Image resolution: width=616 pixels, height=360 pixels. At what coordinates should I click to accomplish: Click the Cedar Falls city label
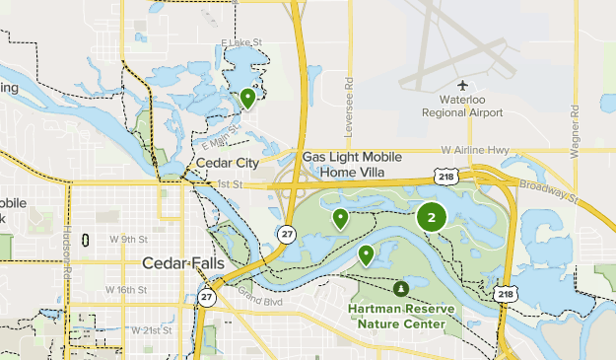pyautogui.click(x=183, y=263)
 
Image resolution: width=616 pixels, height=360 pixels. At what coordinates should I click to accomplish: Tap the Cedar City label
pyautogui.click(x=228, y=163)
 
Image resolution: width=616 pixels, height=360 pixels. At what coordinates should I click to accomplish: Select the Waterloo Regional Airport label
pyautogui.click(x=463, y=107)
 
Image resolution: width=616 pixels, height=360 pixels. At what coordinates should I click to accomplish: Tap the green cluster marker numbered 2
pyautogui.click(x=432, y=217)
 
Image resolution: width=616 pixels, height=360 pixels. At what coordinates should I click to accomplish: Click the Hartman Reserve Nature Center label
pyautogui.click(x=400, y=316)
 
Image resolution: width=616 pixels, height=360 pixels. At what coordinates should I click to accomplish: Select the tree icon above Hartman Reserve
pyautogui.click(x=400, y=289)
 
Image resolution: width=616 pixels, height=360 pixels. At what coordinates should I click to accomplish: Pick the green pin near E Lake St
pyautogui.click(x=247, y=98)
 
